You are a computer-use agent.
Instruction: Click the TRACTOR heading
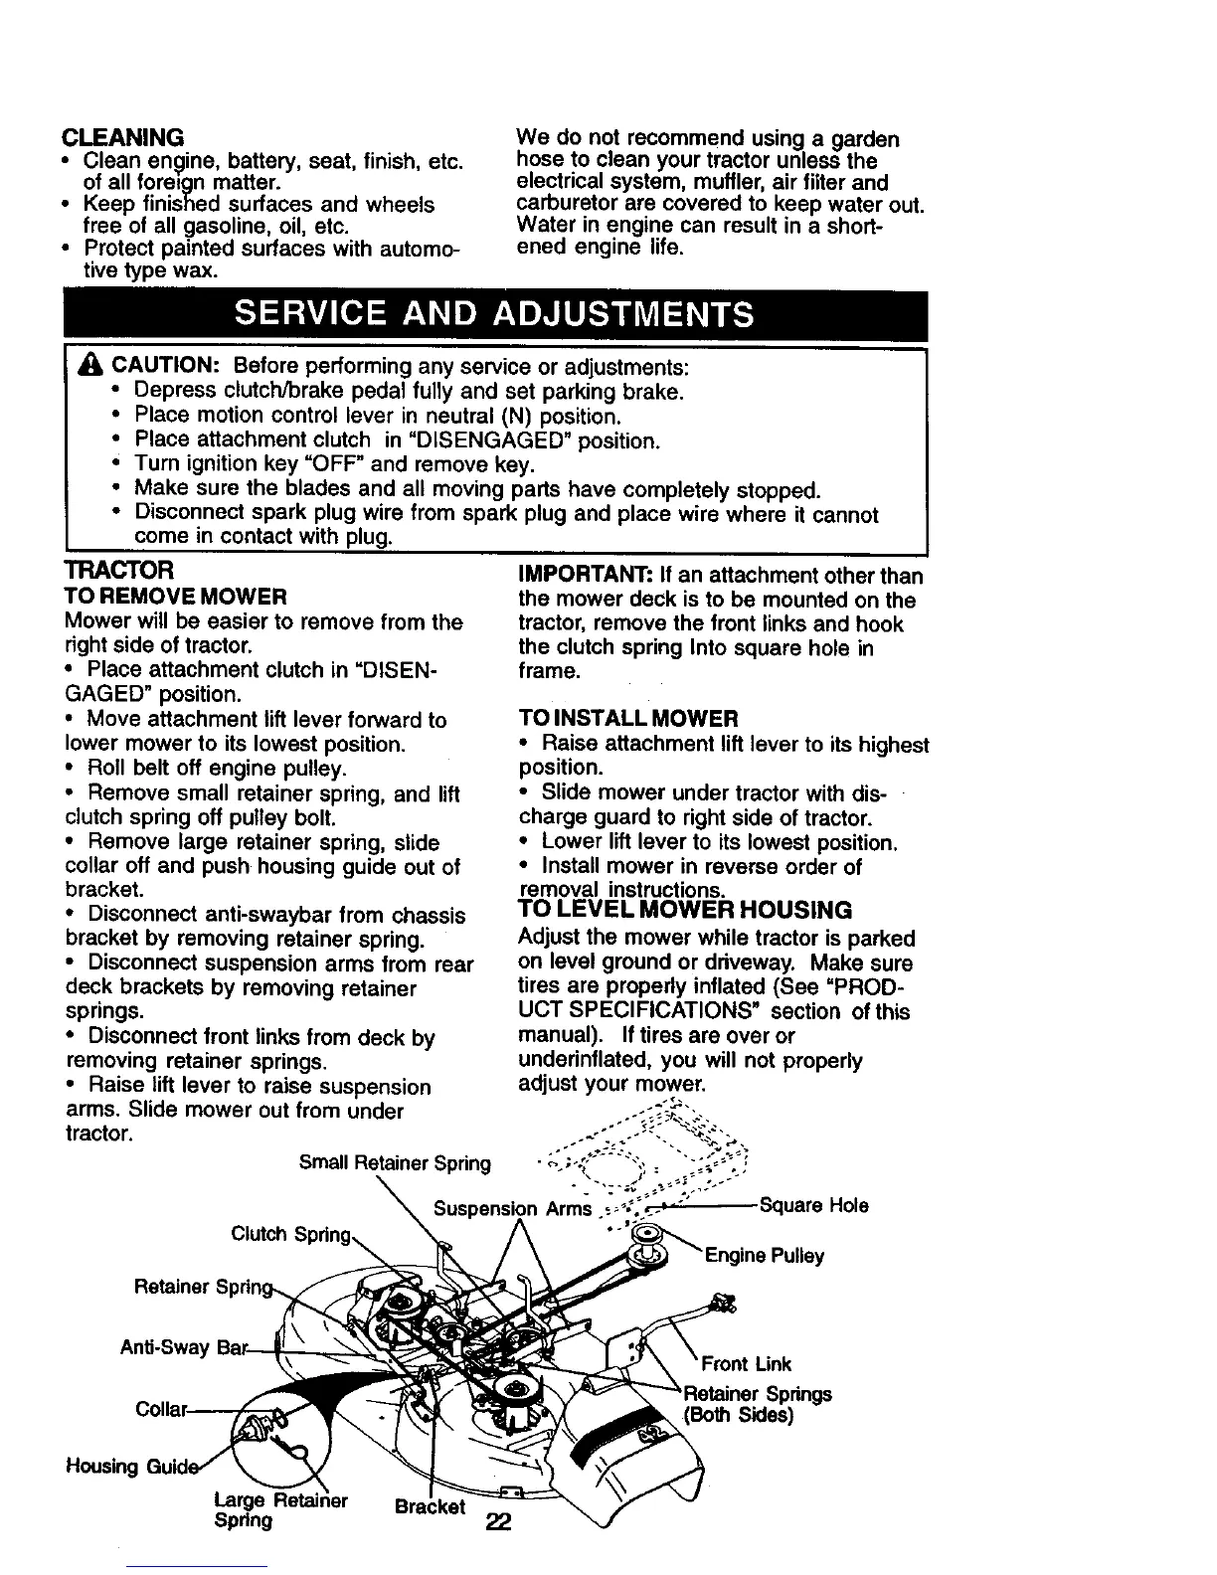point(118,571)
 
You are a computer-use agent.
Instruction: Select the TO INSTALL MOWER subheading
point(628,718)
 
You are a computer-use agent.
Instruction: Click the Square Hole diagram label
point(813,1206)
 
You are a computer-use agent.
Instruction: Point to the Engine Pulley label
point(765,1256)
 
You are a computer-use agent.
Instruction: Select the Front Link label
point(746,1363)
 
